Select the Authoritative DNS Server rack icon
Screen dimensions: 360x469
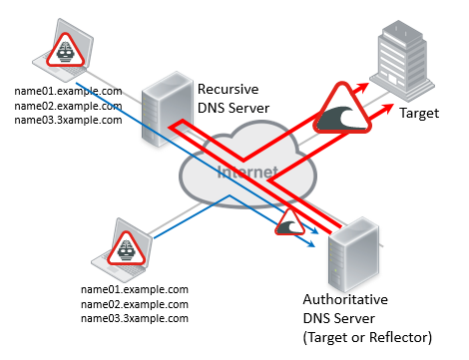[355, 249]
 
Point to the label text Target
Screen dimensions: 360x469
[419, 115]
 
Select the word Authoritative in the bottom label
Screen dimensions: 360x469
[343, 299]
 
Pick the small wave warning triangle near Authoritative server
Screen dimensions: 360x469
[291, 223]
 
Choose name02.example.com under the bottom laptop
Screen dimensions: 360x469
[134, 303]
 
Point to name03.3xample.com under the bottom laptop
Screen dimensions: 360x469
[134, 317]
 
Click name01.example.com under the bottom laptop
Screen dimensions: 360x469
[134, 289]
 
